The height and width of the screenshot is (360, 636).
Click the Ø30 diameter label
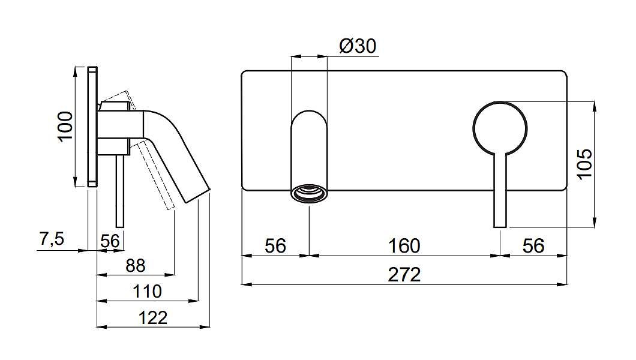coord(358,46)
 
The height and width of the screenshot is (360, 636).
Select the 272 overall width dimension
coord(404,274)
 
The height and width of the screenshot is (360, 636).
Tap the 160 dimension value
coord(404,245)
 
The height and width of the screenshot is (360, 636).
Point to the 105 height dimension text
coord(584,164)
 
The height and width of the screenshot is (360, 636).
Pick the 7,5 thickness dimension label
coord(52,239)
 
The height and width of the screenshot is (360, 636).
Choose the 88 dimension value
coord(135,266)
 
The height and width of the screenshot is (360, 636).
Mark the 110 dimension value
coord(147,291)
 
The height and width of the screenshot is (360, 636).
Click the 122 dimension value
coord(152,317)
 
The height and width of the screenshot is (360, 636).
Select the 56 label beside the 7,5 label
coord(110,241)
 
